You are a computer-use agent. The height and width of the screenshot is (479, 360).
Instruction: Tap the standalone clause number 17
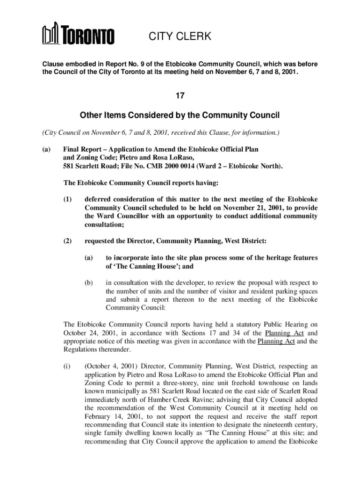point(180,96)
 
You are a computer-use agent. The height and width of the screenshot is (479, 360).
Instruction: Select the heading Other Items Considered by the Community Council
point(180,115)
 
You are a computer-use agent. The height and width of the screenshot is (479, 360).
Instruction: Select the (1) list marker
point(68,199)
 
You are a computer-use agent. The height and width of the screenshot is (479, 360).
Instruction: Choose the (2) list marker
point(68,241)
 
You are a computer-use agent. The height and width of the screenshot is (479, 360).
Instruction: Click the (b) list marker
point(89,283)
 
